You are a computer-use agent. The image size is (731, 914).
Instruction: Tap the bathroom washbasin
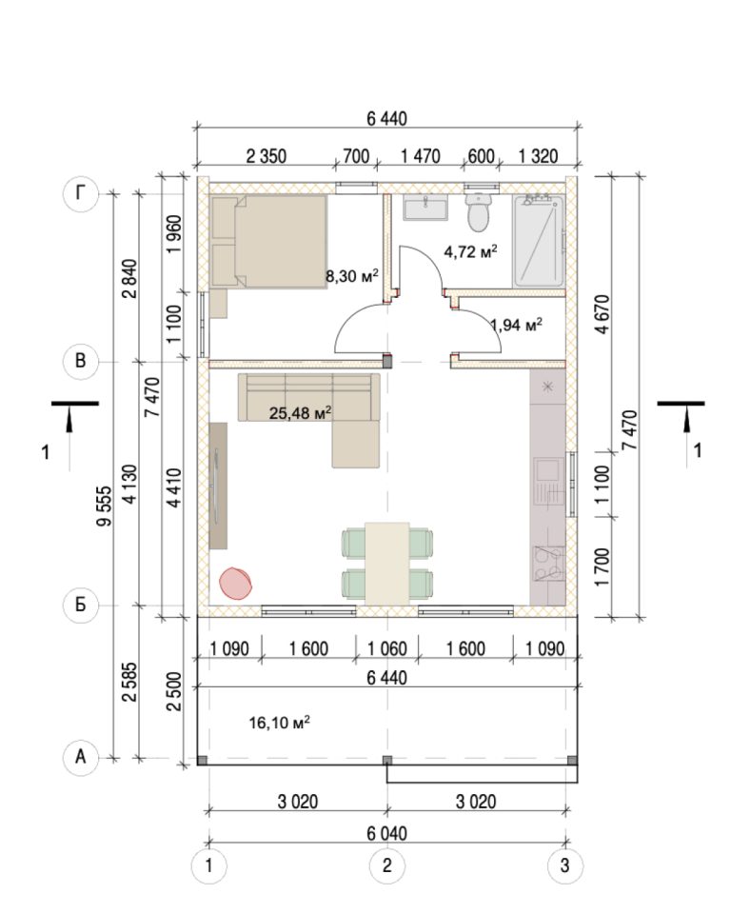coord(425,209)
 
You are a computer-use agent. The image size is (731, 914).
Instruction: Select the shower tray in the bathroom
coord(539,241)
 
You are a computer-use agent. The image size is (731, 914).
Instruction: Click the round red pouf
coord(235,583)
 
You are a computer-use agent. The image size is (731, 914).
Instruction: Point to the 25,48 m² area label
coord(300,413)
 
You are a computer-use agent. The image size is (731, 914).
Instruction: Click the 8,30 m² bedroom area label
coord(352,275)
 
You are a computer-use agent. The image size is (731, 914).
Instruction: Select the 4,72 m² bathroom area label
coord(470,251)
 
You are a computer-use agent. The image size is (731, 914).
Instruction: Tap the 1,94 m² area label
coord(517,324)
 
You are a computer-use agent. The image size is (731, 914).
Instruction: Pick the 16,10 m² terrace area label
coord(279,723)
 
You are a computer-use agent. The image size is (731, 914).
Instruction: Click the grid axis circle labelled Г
coord(80,193)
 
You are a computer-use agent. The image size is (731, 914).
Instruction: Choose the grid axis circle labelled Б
coord(80,605)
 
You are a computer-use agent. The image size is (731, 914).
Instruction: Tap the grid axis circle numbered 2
coord(387,865)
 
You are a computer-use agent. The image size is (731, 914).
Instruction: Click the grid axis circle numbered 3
coord(564,865)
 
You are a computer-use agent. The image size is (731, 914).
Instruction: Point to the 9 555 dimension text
coord(104,506)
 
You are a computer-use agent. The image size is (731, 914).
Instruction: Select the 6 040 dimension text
coord(387,834)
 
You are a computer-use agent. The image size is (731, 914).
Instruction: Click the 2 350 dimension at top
coord(267,156)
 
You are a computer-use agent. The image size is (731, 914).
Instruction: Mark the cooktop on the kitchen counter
coord(548,564)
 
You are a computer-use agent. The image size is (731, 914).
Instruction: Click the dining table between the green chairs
coord(387,563)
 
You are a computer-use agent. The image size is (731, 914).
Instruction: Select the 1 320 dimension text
coord(538,156)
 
